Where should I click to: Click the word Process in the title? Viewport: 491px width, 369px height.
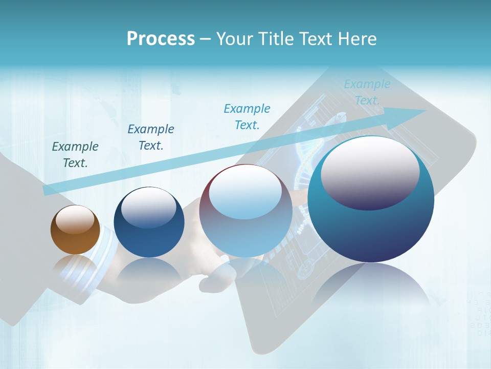tap(161, 39)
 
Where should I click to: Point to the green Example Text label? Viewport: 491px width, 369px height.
tap(75, 154)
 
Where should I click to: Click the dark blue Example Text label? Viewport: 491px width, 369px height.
tap(151, 137)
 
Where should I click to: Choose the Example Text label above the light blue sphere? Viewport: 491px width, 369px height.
tap(247, 116)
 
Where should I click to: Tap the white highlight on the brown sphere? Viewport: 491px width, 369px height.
tap(75, 219)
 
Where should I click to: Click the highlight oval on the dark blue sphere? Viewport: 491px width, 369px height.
tap(149, 207)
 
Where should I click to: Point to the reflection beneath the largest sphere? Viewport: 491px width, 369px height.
tap(371, 287)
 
